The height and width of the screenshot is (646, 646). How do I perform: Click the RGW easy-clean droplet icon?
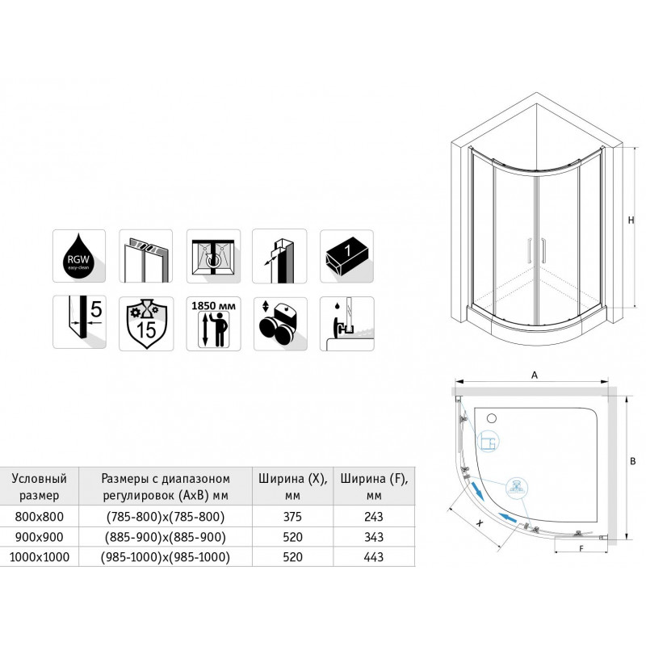[x=79, y=256]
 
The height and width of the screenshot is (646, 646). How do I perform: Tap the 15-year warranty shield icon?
[x=146, y=324]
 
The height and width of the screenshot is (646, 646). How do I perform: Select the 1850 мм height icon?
[x=213, y=324]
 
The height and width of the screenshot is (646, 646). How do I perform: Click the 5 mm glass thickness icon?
[x=79, y=321]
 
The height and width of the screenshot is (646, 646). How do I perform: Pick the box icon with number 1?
[x=347, y=256]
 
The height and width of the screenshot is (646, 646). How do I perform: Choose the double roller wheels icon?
[x=280, y=324]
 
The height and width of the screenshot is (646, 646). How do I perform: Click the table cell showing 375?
[x=292, y=517]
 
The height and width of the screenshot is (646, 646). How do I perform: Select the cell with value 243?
[x=374, y=517]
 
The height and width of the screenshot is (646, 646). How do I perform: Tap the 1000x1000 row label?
[x=40, y=557]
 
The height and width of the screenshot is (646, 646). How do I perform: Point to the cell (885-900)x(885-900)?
[x=166, y=537]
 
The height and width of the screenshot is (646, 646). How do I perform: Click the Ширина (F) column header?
[x=374, y=487]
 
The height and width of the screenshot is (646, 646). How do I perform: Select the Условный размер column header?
[x=39, y=487]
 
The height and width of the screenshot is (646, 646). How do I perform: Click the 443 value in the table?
[x=374, y=557]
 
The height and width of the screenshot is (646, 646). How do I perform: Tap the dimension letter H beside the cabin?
[x=631, y=220]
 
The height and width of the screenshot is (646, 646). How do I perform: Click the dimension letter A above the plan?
[x=535, y=375]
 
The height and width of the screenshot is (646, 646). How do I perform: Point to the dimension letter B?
[x=633, y=461]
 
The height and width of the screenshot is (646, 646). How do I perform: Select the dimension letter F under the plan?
[x=581, y=549]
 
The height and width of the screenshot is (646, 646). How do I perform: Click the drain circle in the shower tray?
[x=492, y=418]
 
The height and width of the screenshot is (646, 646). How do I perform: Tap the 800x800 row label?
[x=40, y=517]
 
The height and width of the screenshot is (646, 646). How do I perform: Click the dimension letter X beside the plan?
[x=479, y=522]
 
